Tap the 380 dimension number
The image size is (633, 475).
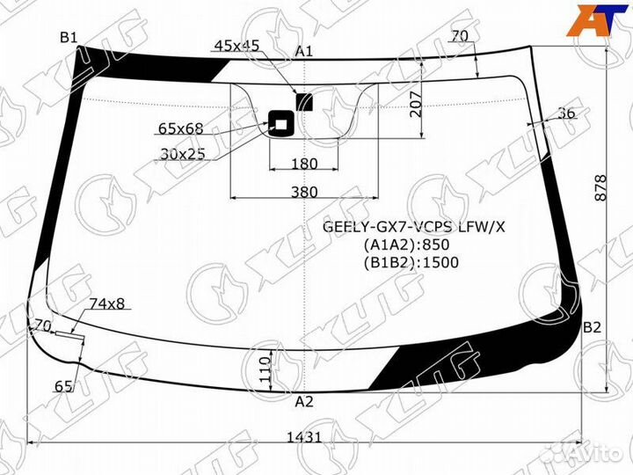[x=304, y=192]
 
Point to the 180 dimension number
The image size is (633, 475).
[x=304, y=163]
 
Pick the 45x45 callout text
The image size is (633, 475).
[x=236, y=46]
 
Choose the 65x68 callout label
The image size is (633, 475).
[x=180, y=129]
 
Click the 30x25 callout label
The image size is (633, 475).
[x=183, y=153]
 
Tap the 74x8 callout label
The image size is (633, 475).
[x=107, y=303]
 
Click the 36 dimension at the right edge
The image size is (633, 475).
[x=566, y=113]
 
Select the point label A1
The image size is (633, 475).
[x=304, y=52]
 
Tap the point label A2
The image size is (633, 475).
[x=303, y=402]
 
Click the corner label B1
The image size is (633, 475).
[x=69, y=37]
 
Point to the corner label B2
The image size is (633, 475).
[x=592, y=327]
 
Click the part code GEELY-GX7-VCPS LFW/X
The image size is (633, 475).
[x=414, y=227]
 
